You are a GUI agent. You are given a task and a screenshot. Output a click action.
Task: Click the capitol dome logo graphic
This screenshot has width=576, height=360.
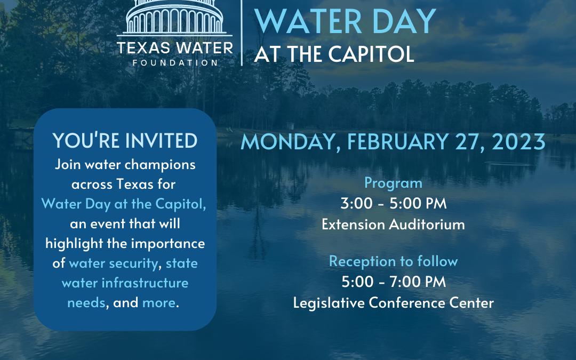174,18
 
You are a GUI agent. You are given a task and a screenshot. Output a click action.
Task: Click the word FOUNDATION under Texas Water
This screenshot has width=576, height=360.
175,63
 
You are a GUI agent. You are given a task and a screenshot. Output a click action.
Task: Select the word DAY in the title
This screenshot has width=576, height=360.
404,21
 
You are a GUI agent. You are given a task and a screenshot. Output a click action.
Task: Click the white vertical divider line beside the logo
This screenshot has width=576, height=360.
242,33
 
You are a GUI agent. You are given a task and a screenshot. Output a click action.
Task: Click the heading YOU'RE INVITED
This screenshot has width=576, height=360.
125,141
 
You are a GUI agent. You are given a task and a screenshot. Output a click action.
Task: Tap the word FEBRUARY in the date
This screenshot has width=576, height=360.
398,142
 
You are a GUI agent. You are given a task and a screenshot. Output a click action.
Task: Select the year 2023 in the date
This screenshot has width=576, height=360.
518,142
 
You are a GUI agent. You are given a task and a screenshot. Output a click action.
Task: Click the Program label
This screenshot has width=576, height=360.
394,183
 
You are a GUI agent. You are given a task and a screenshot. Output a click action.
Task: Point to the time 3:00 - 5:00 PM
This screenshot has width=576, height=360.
394,203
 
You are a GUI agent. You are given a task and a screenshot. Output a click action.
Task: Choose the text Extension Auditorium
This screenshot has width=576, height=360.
394,224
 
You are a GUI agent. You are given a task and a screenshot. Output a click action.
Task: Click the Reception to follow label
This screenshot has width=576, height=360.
394,261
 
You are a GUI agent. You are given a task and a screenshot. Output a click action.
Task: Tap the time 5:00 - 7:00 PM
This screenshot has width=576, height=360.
394,282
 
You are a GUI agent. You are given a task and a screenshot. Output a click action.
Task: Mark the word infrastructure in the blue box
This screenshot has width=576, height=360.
145,283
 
